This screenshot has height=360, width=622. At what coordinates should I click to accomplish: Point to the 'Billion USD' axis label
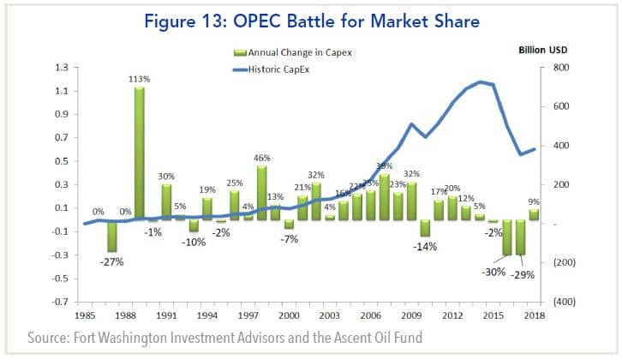point(543,51)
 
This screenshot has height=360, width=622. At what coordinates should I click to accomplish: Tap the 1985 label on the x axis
point(84,316)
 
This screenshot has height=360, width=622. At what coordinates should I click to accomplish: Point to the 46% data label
point(262,158)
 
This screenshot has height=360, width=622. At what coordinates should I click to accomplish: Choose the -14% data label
point(425,246)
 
